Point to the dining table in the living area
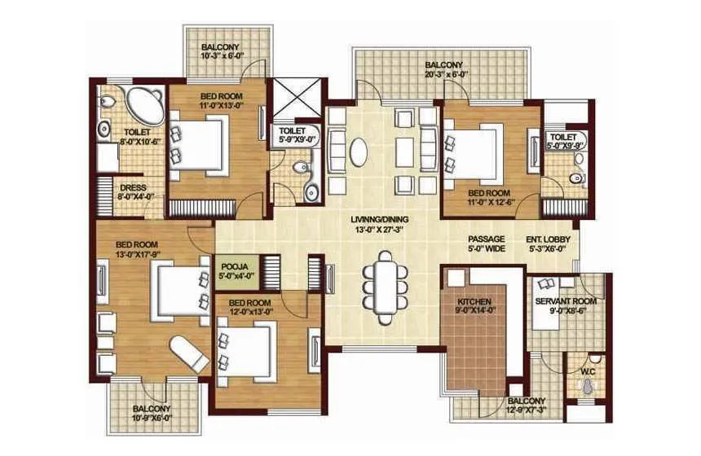coord(382,281)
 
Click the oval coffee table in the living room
coord(359,151)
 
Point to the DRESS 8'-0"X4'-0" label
coord(132,192)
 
